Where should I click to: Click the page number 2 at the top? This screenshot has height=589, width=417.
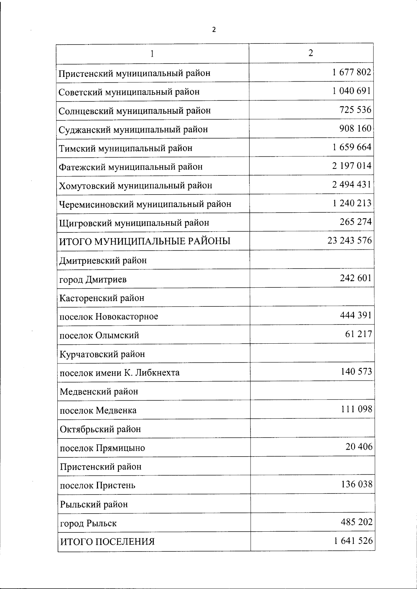(x=214, y=30)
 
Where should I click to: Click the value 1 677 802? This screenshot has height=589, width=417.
(x=351, y=72)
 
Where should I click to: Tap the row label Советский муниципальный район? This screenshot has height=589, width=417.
(x=129, y=92)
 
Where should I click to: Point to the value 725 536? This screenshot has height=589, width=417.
(x=355, y=110)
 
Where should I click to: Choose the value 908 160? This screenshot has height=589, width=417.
(x=355, y=129)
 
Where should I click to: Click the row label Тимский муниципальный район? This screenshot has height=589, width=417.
(x=125, y=148)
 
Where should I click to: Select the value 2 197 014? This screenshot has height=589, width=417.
(x=351, y=166)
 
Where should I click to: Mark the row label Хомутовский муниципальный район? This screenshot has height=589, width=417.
(x=136, y=186)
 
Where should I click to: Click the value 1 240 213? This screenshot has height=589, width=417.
(x=352, y=203)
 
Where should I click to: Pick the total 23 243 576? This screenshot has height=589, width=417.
(x=349, y=240)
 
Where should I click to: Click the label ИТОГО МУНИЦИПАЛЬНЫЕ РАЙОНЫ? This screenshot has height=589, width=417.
(x=145, y=241)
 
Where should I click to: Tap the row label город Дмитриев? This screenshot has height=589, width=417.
(x=93, y=279)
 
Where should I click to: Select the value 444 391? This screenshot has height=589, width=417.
(x=355, y=315)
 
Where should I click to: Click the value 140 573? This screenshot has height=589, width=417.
(x=356, y=371)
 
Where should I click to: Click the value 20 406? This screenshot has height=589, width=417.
(x=359, y=447)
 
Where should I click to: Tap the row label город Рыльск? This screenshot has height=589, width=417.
(x=88, y=523)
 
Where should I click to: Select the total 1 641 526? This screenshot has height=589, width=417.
(x=353, y=541)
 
